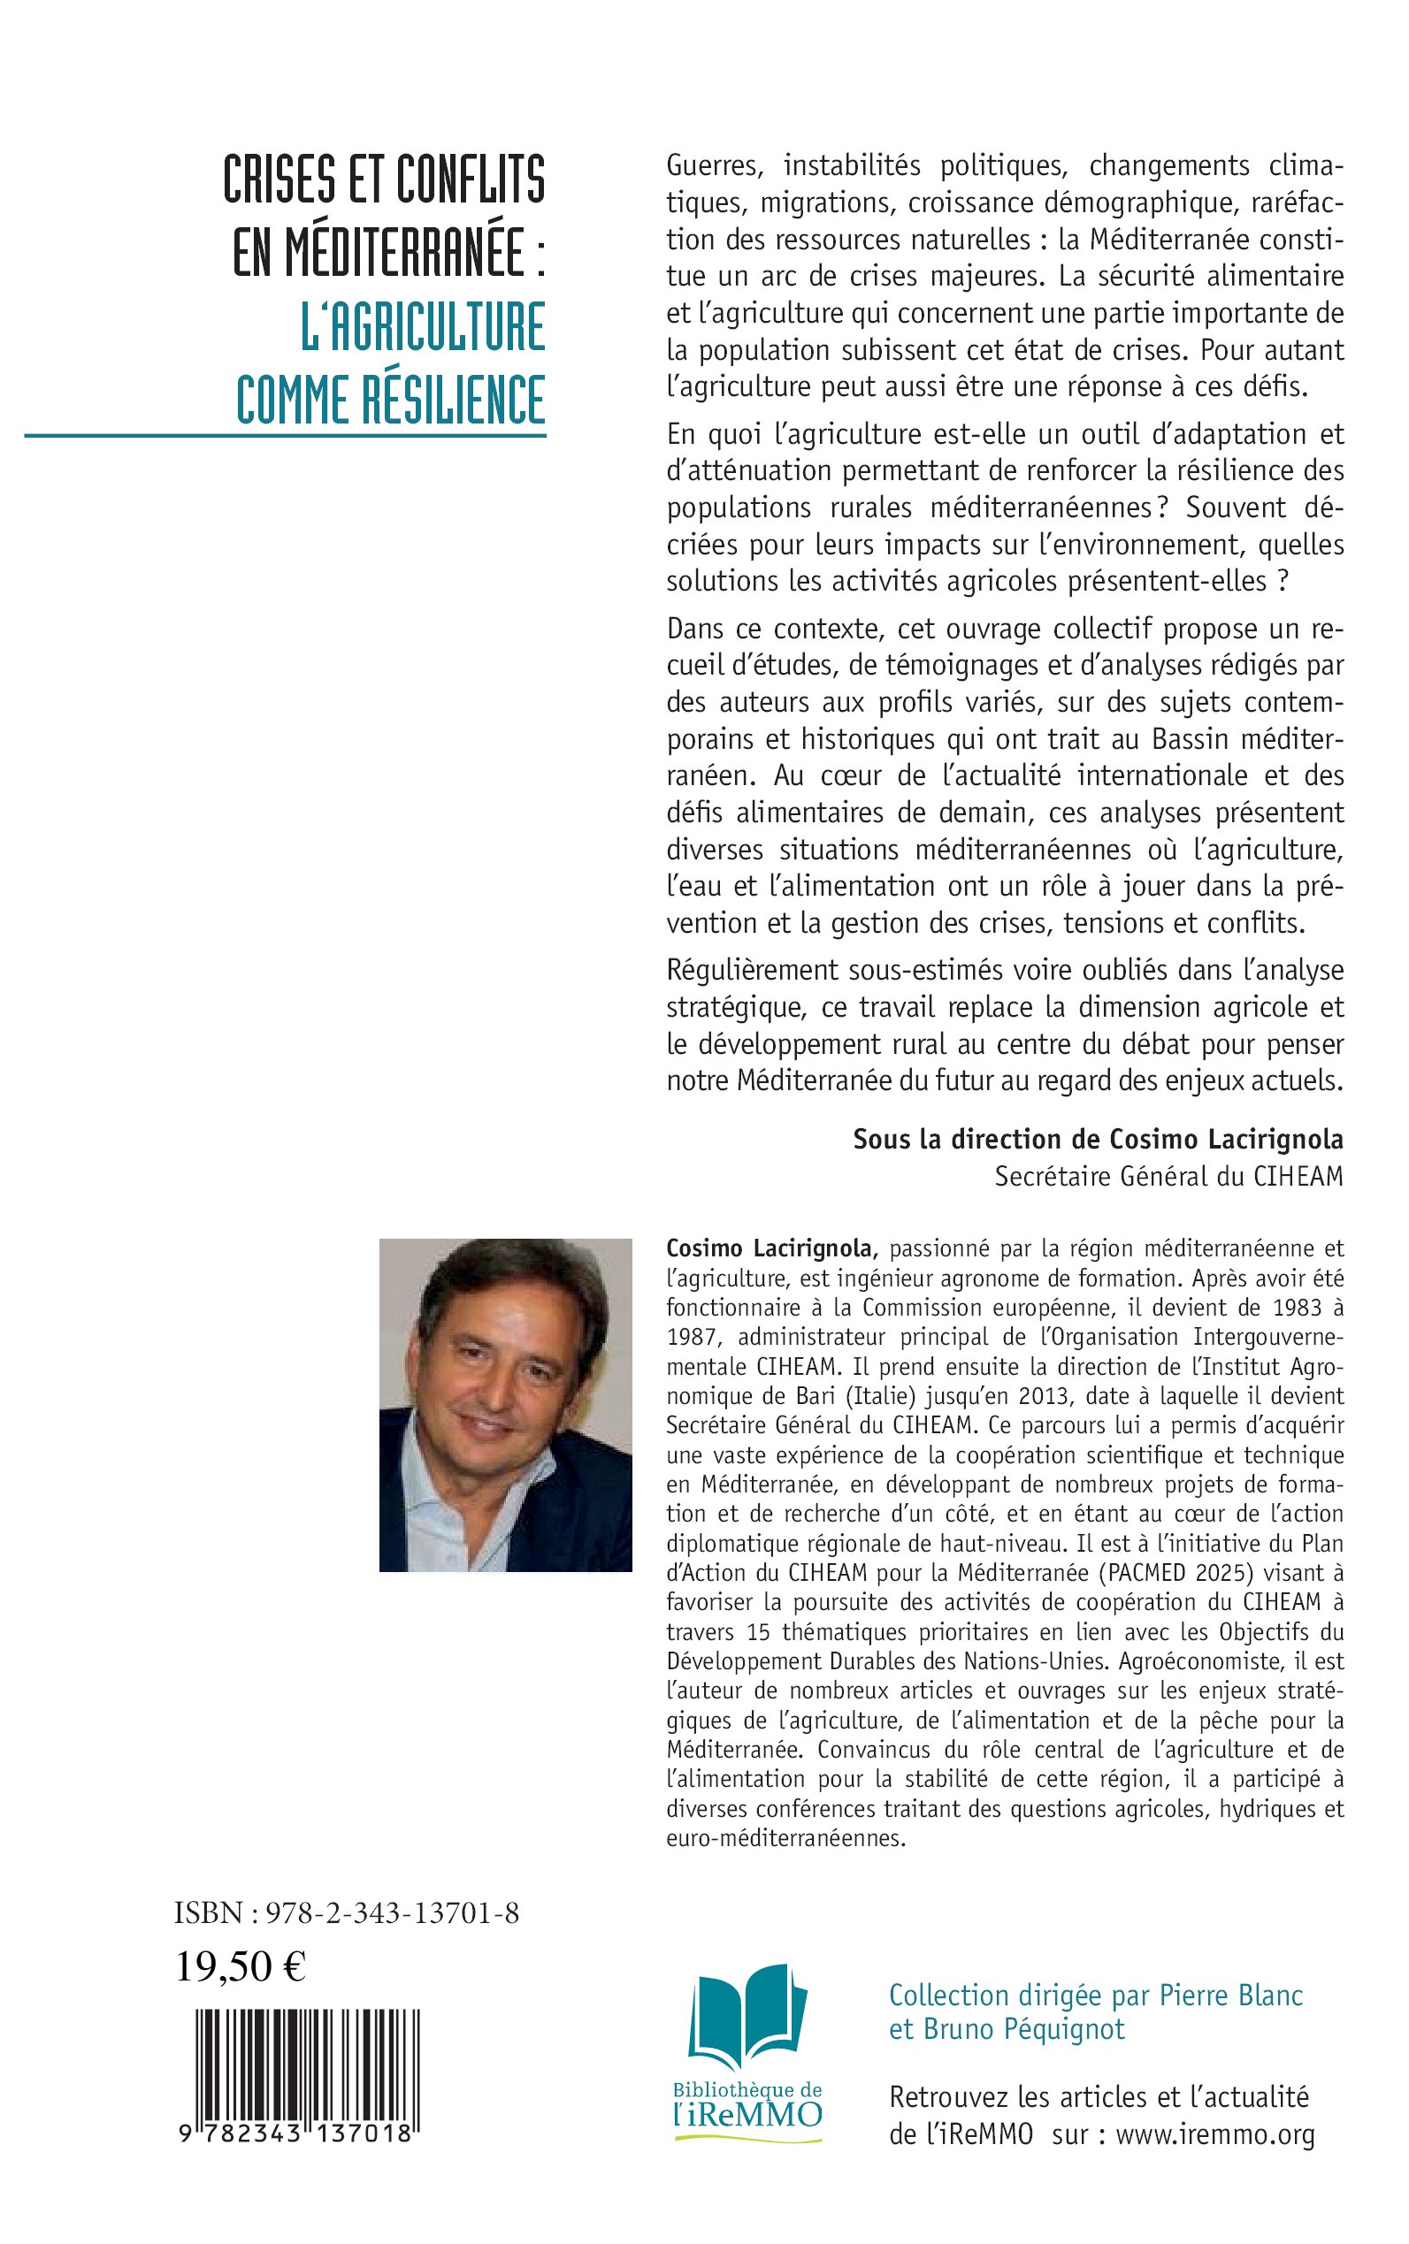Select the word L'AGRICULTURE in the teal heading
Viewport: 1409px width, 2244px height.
click(422, 326)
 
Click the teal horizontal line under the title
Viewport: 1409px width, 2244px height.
click(285, 435)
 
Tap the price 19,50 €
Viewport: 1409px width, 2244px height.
click(241, 1966)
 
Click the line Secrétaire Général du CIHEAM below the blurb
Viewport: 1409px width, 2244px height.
click(1168, 1177)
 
